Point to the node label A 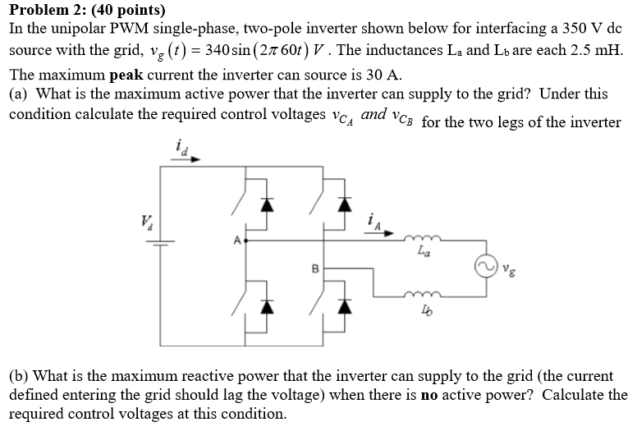coord(237,241)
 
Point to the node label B coord(313,268)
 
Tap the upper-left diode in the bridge coord(264,205)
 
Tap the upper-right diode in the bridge coord(345,205)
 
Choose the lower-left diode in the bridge coord(264,306)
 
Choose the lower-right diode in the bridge coord(345,306)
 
